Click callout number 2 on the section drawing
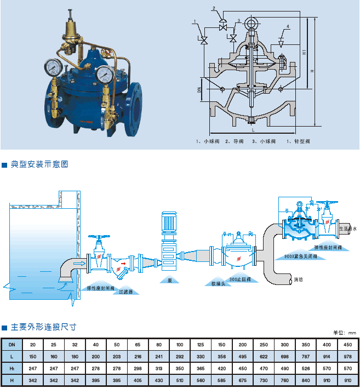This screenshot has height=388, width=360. point(215,8)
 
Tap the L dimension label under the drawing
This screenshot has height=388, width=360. point(253,130)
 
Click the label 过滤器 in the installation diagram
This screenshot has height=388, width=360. point(127,292)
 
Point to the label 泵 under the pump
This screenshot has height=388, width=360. point(170,280)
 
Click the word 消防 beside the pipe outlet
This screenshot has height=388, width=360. point(299,279)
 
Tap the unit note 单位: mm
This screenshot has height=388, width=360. point(346,333)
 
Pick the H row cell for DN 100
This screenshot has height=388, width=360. point(179,380)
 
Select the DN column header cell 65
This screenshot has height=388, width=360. point(137,344)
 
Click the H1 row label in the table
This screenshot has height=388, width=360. point(13,368)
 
